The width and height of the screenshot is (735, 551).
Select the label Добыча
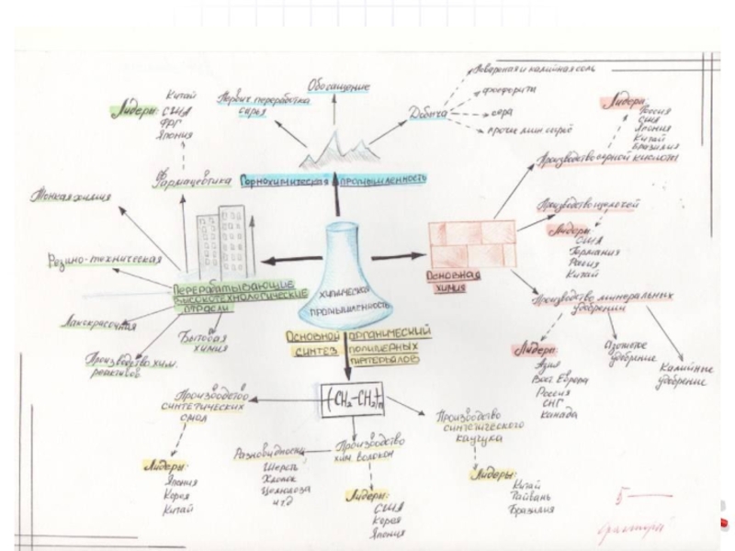click(x=429, y=114)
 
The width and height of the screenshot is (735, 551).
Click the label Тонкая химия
click(x=70, y=195)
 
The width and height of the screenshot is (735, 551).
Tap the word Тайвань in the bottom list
click(x=528, y=497)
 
